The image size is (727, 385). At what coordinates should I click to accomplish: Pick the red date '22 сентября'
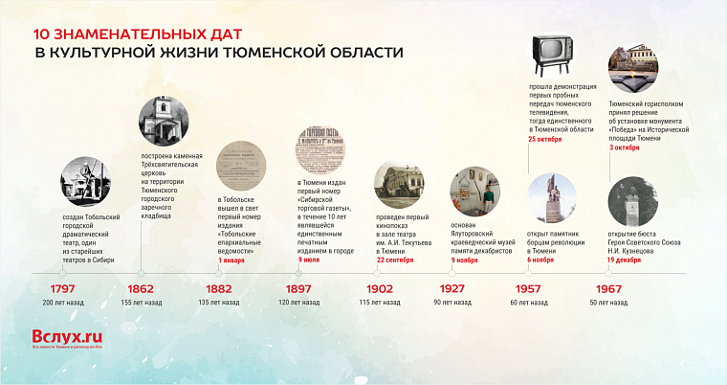point(396,260)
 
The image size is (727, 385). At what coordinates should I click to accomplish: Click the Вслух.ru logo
point(67,337)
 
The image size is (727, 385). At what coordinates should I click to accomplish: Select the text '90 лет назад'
point(452,303)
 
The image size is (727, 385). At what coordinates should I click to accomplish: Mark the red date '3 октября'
point(627,148)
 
